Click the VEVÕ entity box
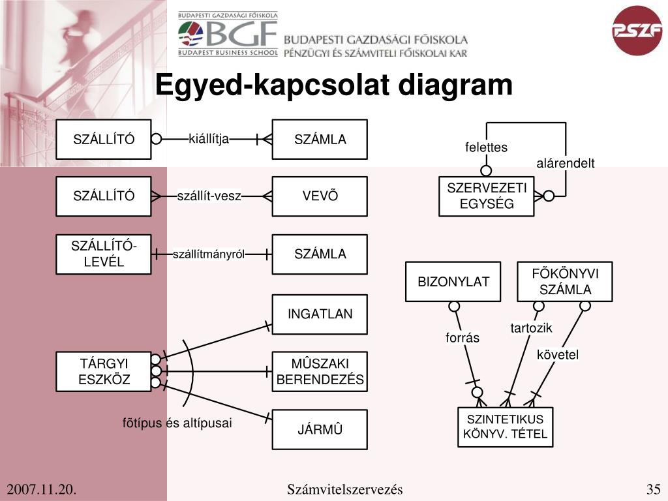[320, 196]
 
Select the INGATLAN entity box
[320, 314]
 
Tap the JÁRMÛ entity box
[320, 429]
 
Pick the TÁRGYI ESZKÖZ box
[104, 371]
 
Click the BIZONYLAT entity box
[453, 282]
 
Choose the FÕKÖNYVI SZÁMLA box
[565, 282]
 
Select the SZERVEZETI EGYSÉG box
[487, 196]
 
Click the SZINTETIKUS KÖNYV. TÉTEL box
[505, 427]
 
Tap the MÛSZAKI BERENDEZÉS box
[320, 372]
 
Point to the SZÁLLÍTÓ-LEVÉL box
[104, 254]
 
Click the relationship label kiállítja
[209, 138]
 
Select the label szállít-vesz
[209, 196]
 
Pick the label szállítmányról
[208, 254]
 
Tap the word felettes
[486, 147]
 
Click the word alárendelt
[566, 163]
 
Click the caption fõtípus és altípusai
[177, 423]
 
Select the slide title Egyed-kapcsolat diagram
[334, 85]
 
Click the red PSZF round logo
[637, 30]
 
